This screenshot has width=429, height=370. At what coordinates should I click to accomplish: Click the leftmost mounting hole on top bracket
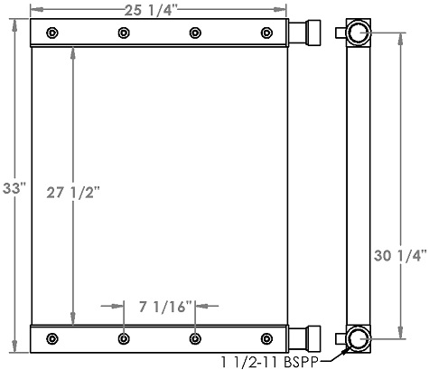click(x=51, y=33)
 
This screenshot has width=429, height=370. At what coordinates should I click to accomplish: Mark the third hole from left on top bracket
click(x=195, y=33)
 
